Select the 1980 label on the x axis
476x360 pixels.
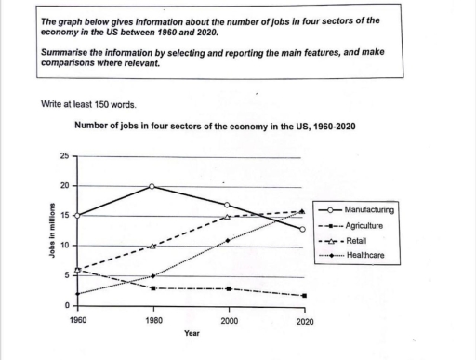pyautogui.click(x=153, y=321)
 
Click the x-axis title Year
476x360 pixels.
pyautogui.click(x=192, y=333)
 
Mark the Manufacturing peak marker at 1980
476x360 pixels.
pyautogui.click(x=153, y=186)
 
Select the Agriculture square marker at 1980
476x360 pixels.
pyautogui.click(x=153, y=288)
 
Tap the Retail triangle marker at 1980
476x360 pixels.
pyautogui.click(x=153, y=247)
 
